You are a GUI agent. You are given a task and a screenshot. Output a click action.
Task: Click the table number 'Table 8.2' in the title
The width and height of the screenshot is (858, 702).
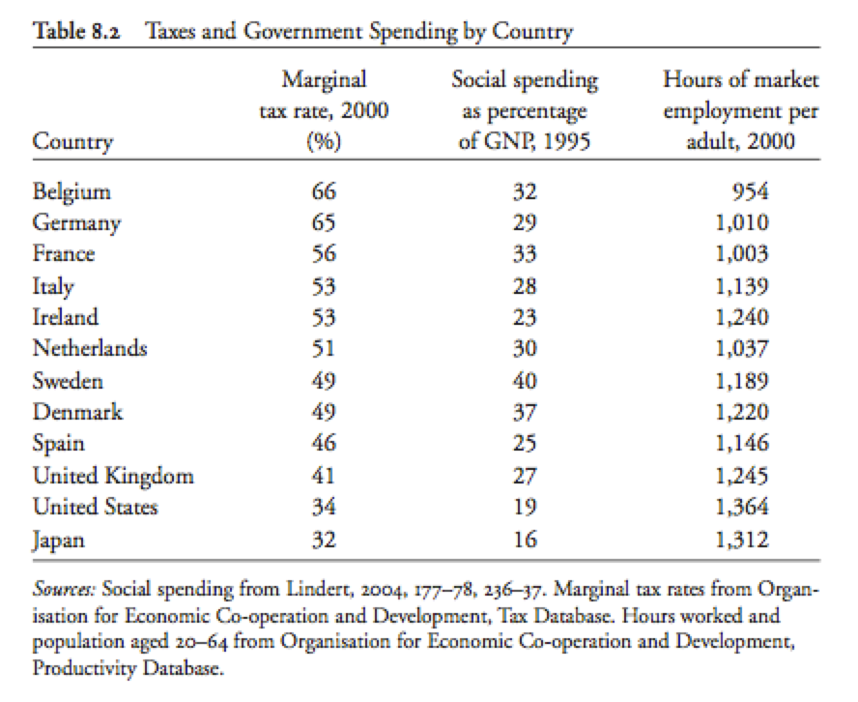[x=76, y=31]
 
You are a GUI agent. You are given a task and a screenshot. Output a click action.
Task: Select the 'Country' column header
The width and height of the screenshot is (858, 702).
[x=72, y=142]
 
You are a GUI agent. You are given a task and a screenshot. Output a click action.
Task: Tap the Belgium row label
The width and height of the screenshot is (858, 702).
[x=71, y=192]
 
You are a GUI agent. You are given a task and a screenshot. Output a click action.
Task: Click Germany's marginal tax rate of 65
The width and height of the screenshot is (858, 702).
[x=324, y=222]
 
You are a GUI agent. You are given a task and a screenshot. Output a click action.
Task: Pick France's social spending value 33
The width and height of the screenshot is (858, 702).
[x=525, y=254]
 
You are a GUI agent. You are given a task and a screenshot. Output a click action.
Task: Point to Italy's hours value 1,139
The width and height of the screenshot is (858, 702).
[x=742, y=286]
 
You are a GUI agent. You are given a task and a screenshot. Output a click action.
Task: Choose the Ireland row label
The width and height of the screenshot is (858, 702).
[x=65, y=317]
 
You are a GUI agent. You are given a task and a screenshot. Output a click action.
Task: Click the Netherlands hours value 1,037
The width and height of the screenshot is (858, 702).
[x=742, y=348]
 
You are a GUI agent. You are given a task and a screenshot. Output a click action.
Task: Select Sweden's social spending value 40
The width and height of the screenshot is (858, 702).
[x=525, y=381]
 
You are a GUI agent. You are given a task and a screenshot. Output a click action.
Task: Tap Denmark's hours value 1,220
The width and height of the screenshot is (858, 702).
[x=742, y=412]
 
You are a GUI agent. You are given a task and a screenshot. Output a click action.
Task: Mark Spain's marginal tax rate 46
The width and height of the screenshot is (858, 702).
[x=324, y=443]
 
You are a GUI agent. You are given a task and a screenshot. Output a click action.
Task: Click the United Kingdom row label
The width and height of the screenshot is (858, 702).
[x=113, y=477]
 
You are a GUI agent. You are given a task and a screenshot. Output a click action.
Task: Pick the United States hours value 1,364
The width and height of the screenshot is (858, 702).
[x=742, y=507]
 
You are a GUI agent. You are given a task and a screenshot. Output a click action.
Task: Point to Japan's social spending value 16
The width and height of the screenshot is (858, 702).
[x=525, y=540]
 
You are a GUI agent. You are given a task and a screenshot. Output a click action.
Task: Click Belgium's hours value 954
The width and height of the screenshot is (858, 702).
[x=751, y=191]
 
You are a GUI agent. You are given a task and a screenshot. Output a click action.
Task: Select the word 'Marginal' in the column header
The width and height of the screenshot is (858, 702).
[x=324, y=80]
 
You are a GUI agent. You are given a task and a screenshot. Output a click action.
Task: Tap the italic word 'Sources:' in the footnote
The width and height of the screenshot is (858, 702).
[x=65, y=589]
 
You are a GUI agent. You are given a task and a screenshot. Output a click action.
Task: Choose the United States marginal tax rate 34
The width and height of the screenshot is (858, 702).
[x=324, y=507]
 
